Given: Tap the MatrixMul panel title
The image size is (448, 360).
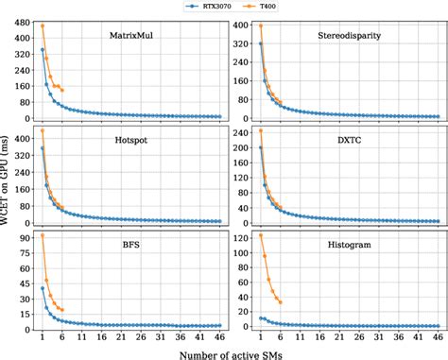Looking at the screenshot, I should [x=132, y=37].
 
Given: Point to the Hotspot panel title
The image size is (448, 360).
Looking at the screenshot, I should [x=132, y=139].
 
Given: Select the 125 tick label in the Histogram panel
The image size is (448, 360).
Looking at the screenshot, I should [x=239, y=234].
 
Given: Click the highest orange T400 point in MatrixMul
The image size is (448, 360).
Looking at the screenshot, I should [x=43, y=26].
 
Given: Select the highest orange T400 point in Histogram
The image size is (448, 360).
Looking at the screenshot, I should [x=261, y=235].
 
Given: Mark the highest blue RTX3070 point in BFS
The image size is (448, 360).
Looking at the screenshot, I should [x=43, y=288].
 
